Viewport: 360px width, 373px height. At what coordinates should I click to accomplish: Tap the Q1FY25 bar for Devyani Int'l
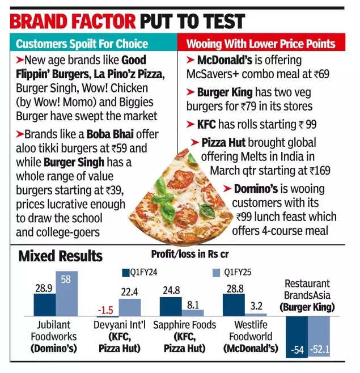(130, 307)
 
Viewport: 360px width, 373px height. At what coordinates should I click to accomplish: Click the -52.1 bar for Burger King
(319, 337)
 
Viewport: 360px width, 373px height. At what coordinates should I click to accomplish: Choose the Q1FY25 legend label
(238, 273)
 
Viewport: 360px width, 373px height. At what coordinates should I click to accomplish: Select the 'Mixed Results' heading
(61, 256)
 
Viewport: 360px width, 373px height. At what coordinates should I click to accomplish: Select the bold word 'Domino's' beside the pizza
(256, 188)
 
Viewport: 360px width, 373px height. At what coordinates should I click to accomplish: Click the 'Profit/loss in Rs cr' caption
(190, 253)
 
